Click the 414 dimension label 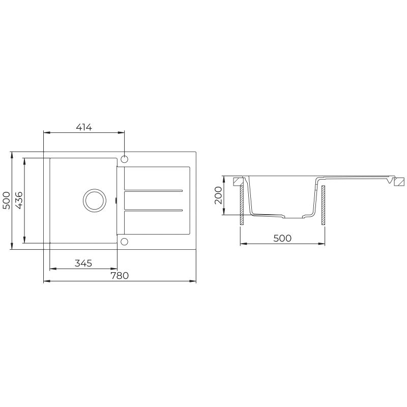83,128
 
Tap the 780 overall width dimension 119,275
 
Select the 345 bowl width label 83,263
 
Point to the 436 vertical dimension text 18,200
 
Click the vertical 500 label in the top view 6,200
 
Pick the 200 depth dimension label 218,195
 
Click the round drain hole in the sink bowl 94,200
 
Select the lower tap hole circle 125,241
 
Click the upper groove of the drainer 153,191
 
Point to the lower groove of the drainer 153,209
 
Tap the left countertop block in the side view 238,181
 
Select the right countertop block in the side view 399,182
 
